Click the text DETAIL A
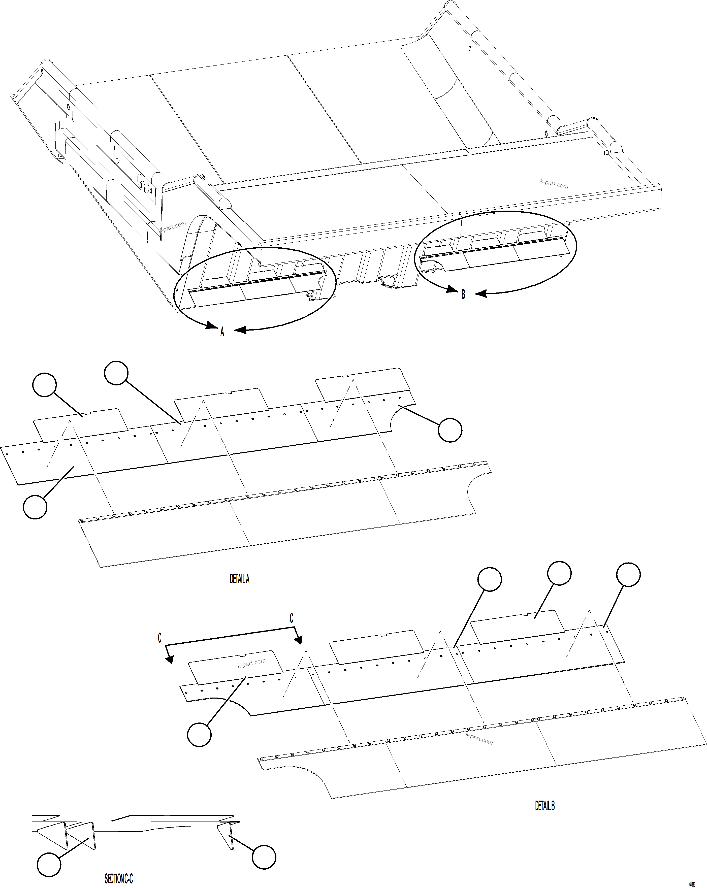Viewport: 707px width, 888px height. click(239, 579)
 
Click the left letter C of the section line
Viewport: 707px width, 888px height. click(160, 638)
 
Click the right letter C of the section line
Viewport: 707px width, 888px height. click(291, 618)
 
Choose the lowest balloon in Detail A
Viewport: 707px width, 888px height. click(35, 507)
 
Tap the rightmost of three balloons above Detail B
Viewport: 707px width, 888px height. click(628, 575)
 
